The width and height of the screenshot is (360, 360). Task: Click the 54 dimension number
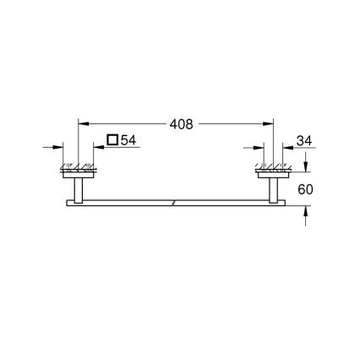[128, 140]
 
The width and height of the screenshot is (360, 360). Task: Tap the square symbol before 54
[112, 140]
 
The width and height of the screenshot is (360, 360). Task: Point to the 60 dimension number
[305, 190]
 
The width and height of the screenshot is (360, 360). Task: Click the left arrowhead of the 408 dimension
[82, 123]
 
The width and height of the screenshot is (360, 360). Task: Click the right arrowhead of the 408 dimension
[272, 123]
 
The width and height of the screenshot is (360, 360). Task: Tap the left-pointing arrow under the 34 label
[290, 148]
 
